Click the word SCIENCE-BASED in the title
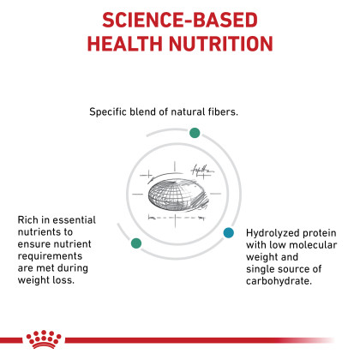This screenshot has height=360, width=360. pyautogui.click(x=180, y=20)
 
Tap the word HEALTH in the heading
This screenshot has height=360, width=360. pyautogui.click(x=125, y=44)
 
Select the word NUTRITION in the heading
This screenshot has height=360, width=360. pyautogui.click(x=221, y=44)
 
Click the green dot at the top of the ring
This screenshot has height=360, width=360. pyautogui.click(x=195, y=133)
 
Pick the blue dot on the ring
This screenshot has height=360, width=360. pyautogui.click(x=229, y=232)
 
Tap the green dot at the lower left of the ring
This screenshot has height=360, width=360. pyautogui.click(x=136, y=243)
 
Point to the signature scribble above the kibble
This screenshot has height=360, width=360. pyautogui.click(x=202, y=171)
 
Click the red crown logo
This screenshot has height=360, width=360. pyautogui.click(x=44, y=339)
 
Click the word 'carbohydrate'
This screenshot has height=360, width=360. pyautogui.click(x=278, y=281)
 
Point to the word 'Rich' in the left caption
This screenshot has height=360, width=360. pyautogui.click(x=27, y=219)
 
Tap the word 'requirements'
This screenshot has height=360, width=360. pyautogui.click(x=50, y=256)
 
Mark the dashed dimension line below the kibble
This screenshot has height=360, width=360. pyautogui.click(x=177, y=218)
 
